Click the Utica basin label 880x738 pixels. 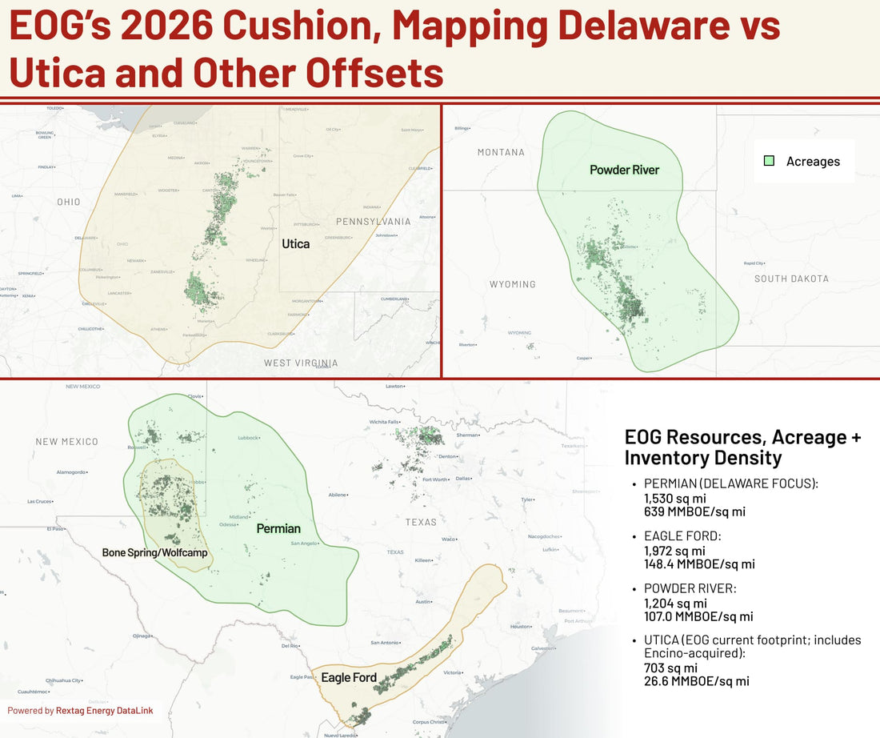[x=296, y=243]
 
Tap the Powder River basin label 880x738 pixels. [x=624, y=170]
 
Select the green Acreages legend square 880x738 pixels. [x=769, y=161]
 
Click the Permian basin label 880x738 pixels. [x=278, y=528]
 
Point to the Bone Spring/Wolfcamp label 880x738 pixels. [x=154, y=552]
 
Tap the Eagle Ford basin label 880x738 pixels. [x=349, y=677]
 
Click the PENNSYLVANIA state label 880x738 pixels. [x=373, y=222]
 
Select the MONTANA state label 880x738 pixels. [x=501, y=152]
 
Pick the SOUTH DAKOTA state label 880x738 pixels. [x=791, y=279]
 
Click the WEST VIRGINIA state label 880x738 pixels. [x=301, y=363]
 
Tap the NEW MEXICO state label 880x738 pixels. [x=67, y=441]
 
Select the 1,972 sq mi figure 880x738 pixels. [x=674, y=551]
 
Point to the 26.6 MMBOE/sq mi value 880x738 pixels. [x=696, y=681]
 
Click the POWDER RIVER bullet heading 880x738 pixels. [x=690, y=588]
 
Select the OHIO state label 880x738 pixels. [x=68, y=202]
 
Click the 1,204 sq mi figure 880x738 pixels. [x=674, y=603]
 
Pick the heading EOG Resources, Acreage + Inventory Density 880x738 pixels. [x=742, y=447]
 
